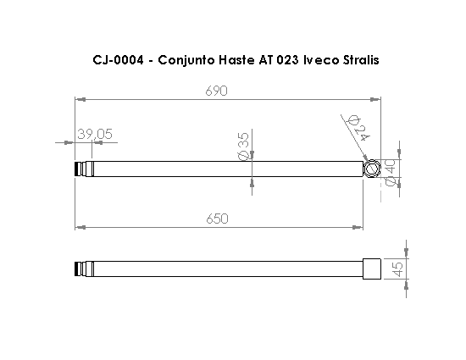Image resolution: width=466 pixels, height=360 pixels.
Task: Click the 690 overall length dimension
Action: [216, 91]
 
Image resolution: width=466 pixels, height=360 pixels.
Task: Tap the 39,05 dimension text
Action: [95, 134]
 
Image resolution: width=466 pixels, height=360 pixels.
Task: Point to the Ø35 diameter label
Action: [244, 145]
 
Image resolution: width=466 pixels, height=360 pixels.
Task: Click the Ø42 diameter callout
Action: [359, 126]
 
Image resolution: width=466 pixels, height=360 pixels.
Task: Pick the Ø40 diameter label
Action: [391, 170]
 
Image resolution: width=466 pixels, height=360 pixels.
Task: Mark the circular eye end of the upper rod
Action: [372, 169]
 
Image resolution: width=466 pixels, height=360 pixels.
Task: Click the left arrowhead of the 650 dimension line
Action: [79, 227]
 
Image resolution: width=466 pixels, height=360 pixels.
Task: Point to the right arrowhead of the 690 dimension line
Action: [377, 99]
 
